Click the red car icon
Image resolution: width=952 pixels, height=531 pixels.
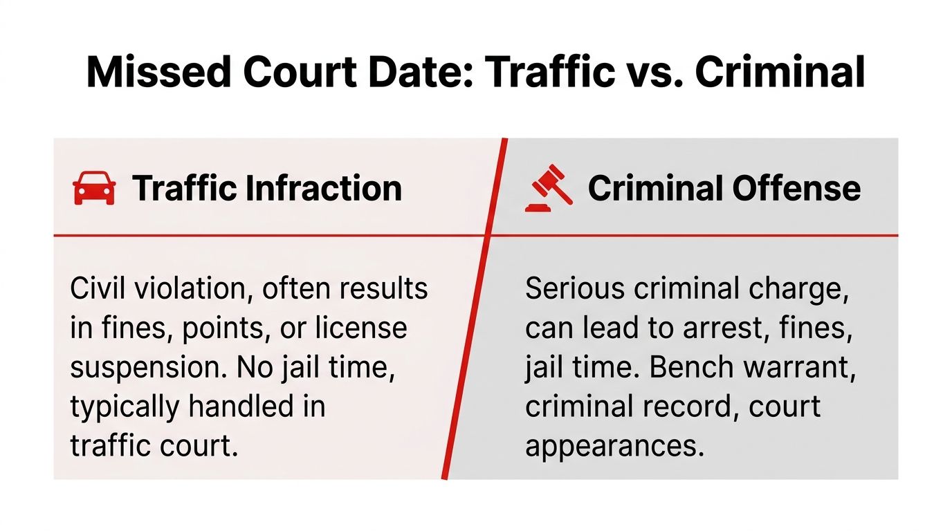point(94,188)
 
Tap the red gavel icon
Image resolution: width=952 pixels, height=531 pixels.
point(549,188)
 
